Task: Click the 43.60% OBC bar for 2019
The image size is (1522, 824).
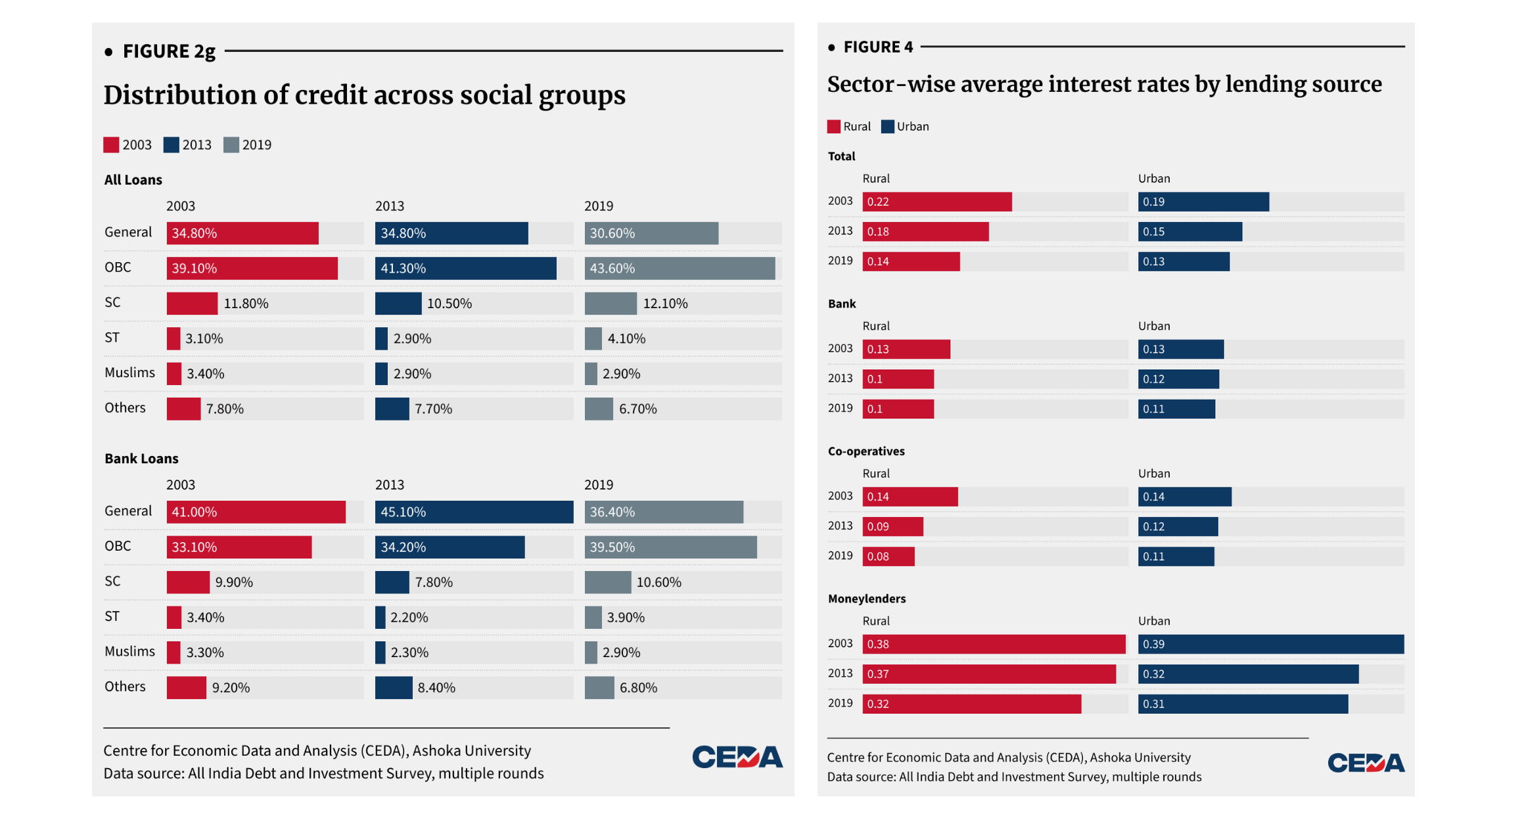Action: (x=680, y=268)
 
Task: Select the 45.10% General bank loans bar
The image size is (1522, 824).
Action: (x=474, y=512)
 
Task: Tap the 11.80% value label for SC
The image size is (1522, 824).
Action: (x=246, y=304)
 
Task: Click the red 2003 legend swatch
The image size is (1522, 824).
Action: (x=111, y=145)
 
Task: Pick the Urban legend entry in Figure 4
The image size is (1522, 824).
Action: (x=905, y=127)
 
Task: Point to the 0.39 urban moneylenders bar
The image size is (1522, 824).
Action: (x=1270, y=644)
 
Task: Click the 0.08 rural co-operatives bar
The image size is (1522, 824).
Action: (x=888, y=557)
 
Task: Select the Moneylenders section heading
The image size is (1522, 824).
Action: (x=866, y=599)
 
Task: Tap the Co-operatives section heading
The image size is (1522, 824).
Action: (x=865, y=451)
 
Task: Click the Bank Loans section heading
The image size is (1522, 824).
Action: (x=141, y=459)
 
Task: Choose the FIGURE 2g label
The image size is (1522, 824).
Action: (x=169, y=51)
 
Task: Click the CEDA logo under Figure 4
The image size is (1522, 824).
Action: (x=1366, y=763)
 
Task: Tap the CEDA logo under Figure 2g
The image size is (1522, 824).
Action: (x=737, y=758)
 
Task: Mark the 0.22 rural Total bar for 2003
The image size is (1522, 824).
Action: (x=936, y=202)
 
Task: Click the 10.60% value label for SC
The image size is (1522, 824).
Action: (x=658, y=582)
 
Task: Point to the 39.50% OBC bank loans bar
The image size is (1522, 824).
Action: (x=670, y=547)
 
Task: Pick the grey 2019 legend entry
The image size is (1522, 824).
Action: (x=248, y=145)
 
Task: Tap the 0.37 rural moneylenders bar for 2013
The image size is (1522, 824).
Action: (x=988, y=674)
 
